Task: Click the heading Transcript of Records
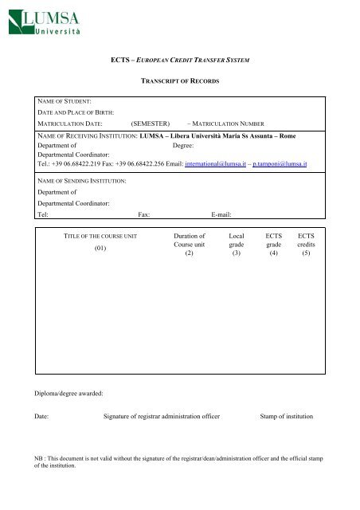(181, 82)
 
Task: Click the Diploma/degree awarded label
(64, 394)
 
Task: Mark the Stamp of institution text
(287, 417)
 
